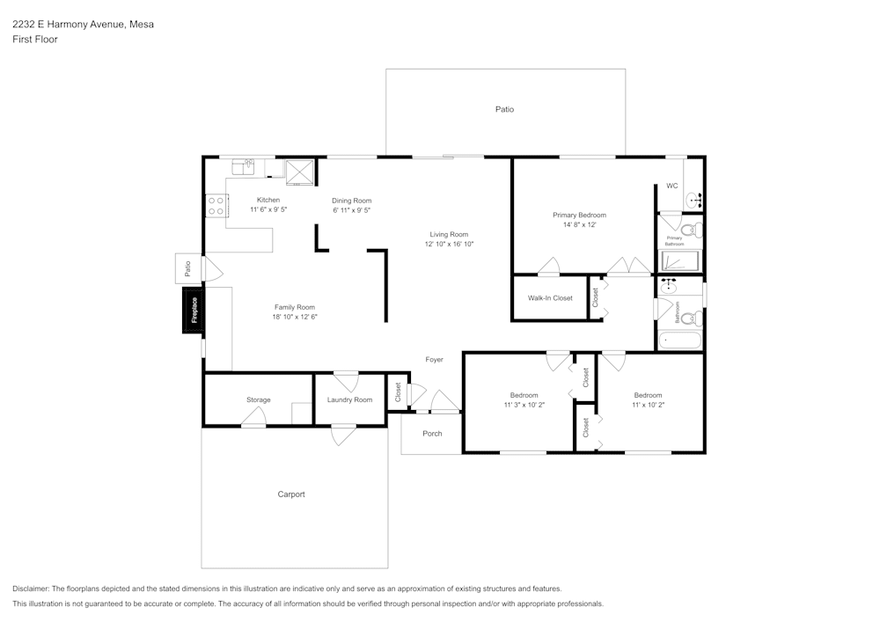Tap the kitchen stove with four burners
pyautogui.click(x=216, y=206)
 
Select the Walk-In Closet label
pyautogui.click(x=550, y=298)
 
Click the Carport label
pyautogui.click(x=291, y=494)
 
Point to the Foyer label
pyautogui.click(x=434, y=360)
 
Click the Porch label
pyautogui.click(x=432, y=434)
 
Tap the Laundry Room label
pyautogui.click(x=349, y=400)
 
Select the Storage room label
pyautogui.click(x=258, y=400)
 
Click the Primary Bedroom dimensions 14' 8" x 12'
pyautogui.click(x=579, y=225)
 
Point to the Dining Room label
pyautogui.click(x=351, y=201)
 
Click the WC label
pyautogui.click(x=671, y=186)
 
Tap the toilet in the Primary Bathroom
pyautogui.click(x=691, y=231)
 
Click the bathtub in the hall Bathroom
pyautogui.click(x=680, y=340)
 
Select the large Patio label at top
pyautogui.click(x=504, y=110)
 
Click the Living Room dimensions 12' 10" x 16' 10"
pyautogui.click(x=449, y=245)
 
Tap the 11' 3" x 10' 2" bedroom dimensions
pyautogui.click(x=524, y=406)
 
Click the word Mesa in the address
pyautogui.click(x=141, y=25)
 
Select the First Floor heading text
pyautogui.click(x=35, y=40)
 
